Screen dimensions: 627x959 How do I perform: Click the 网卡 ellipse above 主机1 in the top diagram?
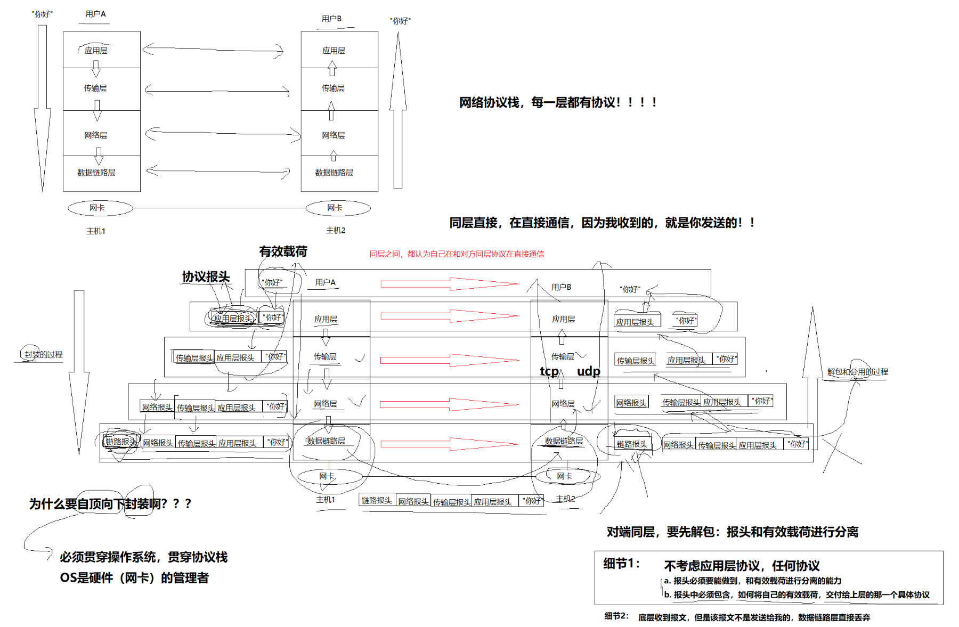pos(100,208)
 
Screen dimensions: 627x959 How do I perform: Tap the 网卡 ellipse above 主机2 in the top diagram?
pos(338,208)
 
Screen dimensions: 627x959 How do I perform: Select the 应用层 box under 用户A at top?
pos(101,50)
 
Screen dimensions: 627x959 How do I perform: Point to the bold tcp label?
pos(549,371)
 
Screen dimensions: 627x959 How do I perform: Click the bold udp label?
pos(588,371)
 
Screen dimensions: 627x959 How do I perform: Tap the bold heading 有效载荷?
pos(283,251)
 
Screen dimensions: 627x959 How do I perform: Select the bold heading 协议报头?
pos(206,276)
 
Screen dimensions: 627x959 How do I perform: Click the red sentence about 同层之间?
pos(457,254)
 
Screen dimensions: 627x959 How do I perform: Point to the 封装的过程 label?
pos(43,355)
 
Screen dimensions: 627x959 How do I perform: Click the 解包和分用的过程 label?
pos(857,372)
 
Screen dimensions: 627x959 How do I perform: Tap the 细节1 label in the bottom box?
pos(621,564)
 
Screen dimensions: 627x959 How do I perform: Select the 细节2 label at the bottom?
pos(616,616)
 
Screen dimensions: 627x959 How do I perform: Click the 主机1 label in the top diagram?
pos(96,231)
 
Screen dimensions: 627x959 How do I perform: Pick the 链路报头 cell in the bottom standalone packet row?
pos(377,501)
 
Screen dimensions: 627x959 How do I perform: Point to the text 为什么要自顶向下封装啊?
pos(110,504)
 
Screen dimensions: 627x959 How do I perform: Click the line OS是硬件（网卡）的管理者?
pos(134,578)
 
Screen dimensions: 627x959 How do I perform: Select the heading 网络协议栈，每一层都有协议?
pos(558,102)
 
